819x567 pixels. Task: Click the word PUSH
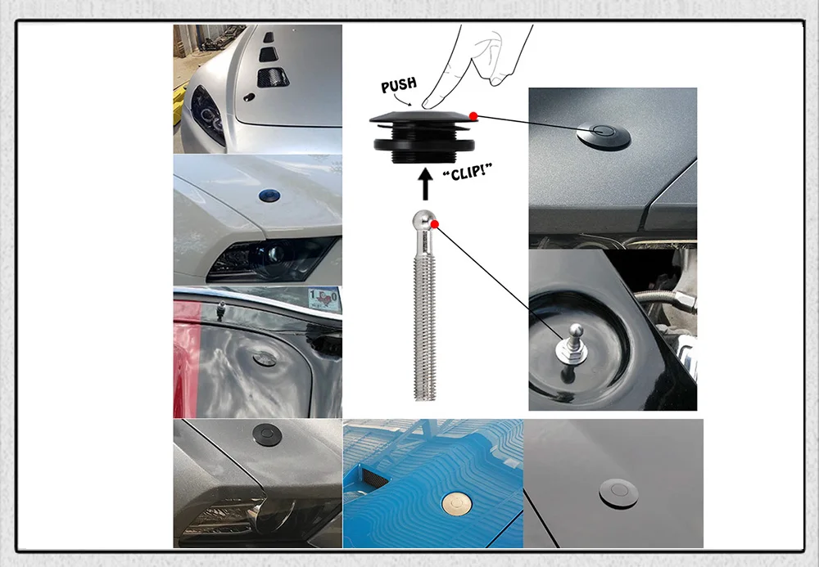[x=399, y=85]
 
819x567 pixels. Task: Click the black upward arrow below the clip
[x=426, y=186]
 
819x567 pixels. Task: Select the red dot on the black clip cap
[x=473, y=116]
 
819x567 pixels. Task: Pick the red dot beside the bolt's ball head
[x=435, y=224]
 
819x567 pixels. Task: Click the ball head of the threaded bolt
[x=422, y=219]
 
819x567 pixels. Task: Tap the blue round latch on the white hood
[x=269, y=196]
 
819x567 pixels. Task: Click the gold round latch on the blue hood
[x=457, y=504]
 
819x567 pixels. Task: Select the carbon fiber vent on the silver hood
[x=273, y=77]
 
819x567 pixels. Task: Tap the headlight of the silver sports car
[x=207, y=116]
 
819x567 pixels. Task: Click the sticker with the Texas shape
[x=324, y=299]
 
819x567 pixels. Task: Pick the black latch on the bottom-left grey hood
[x=268, y=434]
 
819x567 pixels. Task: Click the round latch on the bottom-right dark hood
[x=618, y=493]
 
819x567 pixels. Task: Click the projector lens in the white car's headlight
[x=272, y=255]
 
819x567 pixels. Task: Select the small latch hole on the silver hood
[x=249, y=97]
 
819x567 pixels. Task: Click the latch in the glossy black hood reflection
[x=266, y=358]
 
